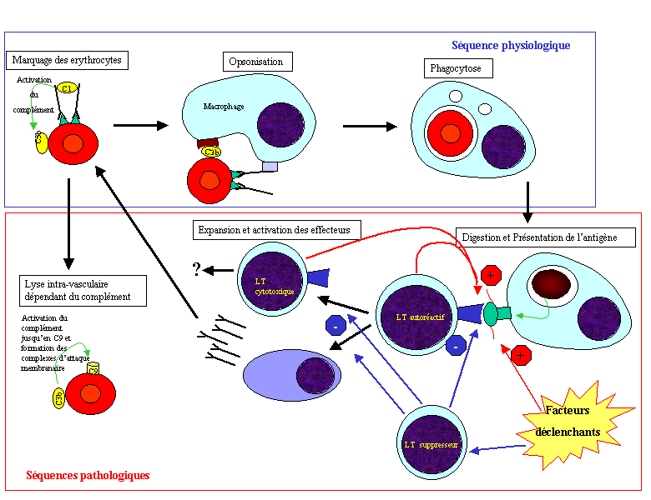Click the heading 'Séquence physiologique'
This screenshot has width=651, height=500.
point(510,45)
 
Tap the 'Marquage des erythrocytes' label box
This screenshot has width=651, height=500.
point(67,60)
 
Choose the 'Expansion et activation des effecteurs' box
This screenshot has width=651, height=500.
point(276,229)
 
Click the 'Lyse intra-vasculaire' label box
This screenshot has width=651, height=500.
point(83,291)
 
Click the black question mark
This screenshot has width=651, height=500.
point(198,268)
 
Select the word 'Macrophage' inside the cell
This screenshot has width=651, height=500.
point(224,107)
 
